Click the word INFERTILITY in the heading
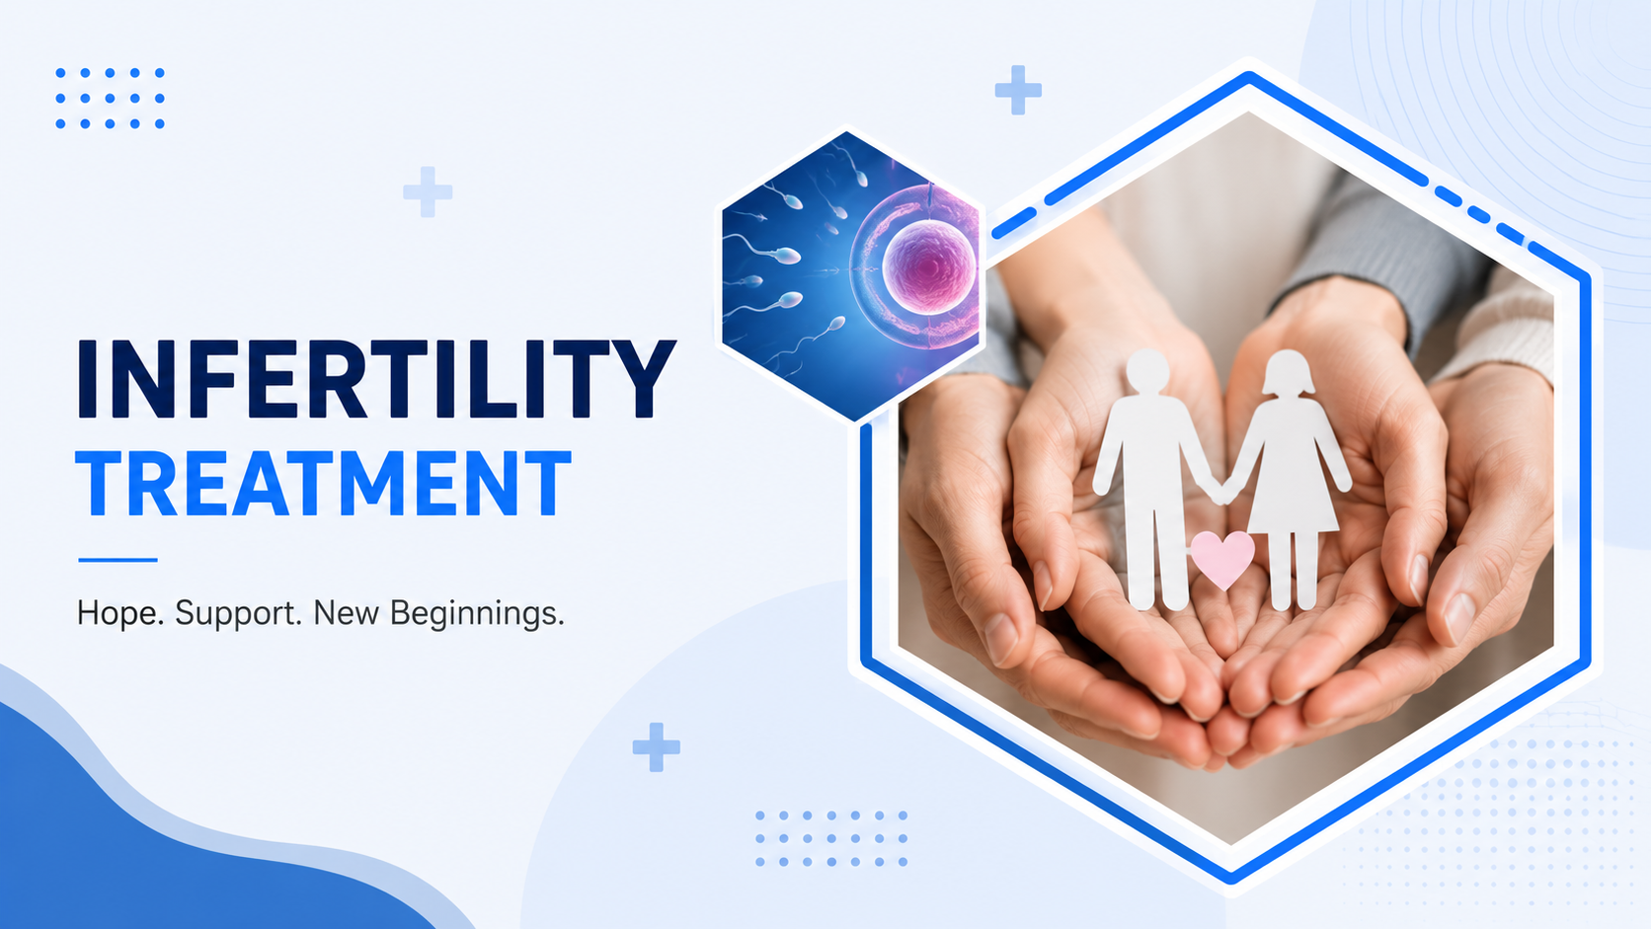(x=376, y=379)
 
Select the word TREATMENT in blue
(x=324, y=484)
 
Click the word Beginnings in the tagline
(x=477, y=614)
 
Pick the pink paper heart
(x=1222, y=559)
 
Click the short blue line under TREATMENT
(x=118, y=560)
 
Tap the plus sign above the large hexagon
(x=1018, y=90)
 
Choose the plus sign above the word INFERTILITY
(x=428, y=192)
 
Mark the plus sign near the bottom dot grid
(x=656, y=747)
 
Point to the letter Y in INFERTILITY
(x=642, y=379)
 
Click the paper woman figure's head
(x=1288, y=373)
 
